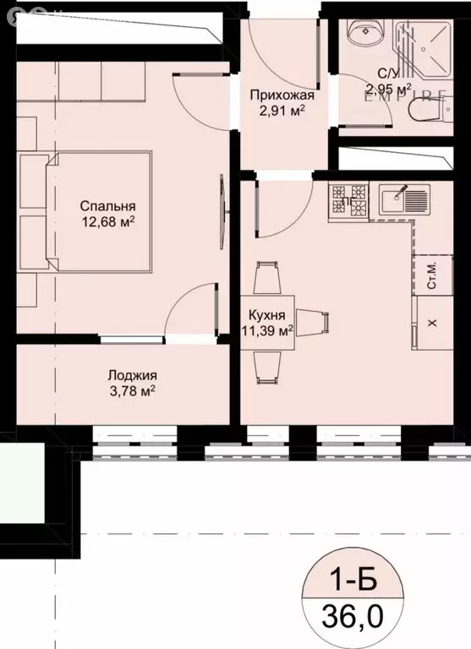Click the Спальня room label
[107, 205]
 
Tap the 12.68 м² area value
[107, 222]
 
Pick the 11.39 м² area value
[266, 330]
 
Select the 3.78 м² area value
[131, 391]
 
